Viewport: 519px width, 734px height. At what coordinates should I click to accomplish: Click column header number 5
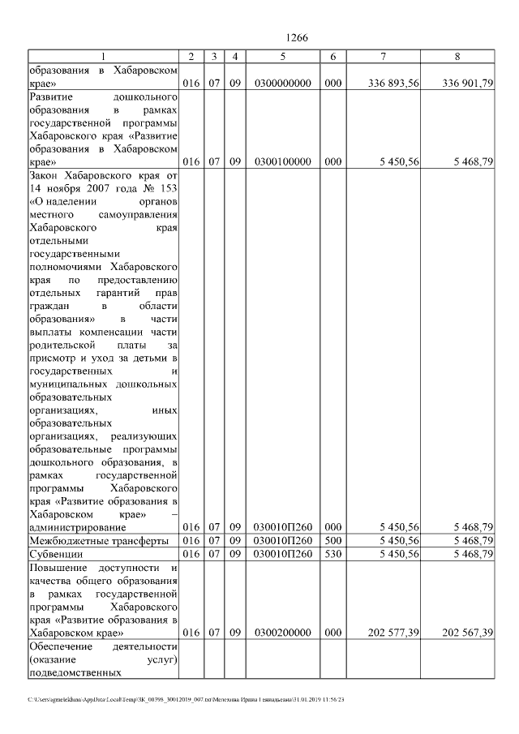click(282, 56)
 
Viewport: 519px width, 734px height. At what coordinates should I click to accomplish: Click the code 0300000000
click(282, 83)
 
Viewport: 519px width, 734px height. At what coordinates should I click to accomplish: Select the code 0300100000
click(282, 161)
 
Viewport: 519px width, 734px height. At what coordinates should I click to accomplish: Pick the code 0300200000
click(282, 632)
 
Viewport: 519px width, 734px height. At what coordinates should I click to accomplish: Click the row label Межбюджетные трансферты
click(98, 540)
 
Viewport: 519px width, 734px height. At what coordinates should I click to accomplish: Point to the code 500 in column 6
click(332, 540)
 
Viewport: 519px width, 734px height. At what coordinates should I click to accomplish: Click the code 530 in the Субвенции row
click(332, 554)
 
